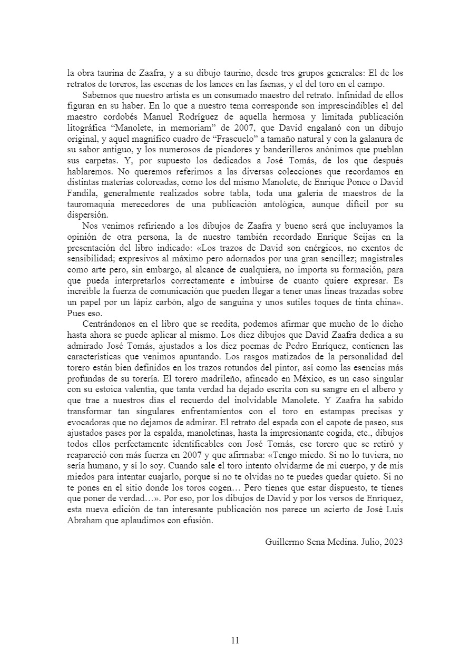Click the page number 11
pos(235,640)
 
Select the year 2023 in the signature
pos(393,541)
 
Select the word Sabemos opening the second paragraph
pos(99,95)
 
